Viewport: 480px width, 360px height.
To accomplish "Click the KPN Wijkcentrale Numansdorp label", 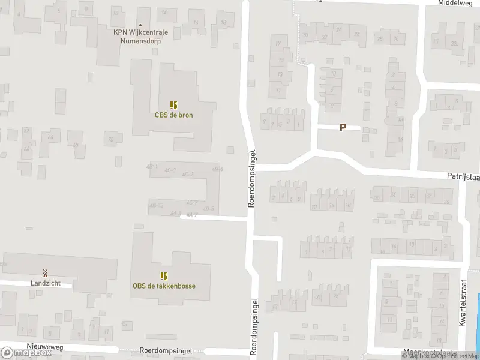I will point(140,37).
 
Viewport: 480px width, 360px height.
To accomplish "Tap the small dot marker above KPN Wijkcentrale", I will point(140,9).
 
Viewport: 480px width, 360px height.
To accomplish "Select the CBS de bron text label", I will point(173,115).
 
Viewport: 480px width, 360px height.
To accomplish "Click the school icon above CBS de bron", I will point(173,105).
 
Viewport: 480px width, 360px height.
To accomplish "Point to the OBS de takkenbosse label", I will point(164,286).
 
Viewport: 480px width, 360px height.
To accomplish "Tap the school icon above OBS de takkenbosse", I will point(164,276).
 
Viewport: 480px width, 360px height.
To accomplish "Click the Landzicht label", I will point(45,283).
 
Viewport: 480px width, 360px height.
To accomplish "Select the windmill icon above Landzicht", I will point(45,273).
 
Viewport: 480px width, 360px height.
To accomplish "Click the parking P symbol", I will point(343,127).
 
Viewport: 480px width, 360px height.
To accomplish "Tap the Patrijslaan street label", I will point(462,177).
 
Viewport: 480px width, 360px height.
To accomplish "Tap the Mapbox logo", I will point(25,353).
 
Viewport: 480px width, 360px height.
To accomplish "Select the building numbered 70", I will point(110,140).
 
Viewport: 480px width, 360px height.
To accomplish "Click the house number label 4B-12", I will point(157,205).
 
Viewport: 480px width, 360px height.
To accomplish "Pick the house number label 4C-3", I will point(170,171).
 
